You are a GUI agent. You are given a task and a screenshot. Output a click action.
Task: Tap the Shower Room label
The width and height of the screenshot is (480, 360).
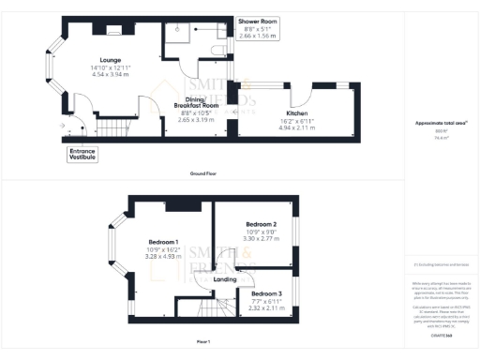(x=257, y=20)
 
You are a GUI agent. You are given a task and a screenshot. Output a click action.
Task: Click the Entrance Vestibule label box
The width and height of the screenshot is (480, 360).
(x=82, y=153)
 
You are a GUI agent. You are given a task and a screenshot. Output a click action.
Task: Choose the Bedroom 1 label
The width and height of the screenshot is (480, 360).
(x=162, y=243)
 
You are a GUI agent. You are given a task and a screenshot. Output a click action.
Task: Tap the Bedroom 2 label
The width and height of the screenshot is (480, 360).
(x=261, y=225)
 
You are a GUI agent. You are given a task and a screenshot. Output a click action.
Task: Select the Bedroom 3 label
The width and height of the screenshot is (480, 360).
(x=266, y=293)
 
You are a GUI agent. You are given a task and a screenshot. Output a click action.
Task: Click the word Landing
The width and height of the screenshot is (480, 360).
(x=225, y=279)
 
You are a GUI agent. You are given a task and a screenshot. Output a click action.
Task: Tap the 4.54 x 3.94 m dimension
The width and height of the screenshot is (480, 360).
(x=111, y=75)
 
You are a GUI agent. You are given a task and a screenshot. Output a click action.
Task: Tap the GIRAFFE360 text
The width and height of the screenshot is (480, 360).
(x=441, y=335)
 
